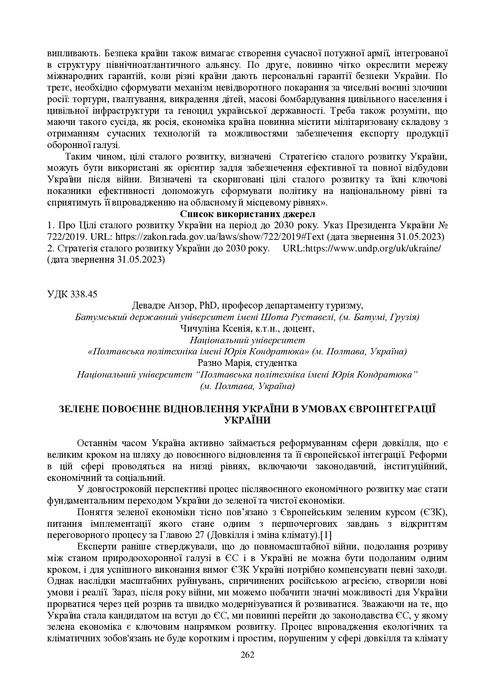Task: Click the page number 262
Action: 247,655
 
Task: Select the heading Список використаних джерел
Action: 247,214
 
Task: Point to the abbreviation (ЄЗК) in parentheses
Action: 433,512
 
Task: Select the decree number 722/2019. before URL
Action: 66,236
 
